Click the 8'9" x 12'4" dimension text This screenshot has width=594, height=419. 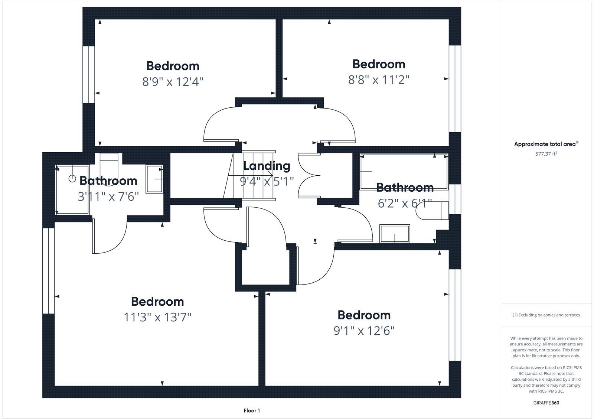click(x=173, y=81)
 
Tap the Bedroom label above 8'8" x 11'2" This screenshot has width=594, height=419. click(x=378, y=64)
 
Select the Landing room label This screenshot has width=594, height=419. click(x=267, y=166)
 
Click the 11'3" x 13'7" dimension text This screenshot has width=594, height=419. click(x=157, y=317)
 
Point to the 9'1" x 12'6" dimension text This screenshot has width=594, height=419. click(x=364, y=331)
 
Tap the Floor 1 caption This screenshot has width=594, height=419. click(x=252, y=410)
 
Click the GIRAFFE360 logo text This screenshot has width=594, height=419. click(x=546, y=403)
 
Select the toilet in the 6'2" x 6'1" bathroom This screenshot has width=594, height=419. click(x=433, y=211)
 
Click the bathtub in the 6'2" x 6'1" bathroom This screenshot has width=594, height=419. click(x=404, y=172)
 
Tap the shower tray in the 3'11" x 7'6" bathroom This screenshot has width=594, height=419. click(x=72, y=190)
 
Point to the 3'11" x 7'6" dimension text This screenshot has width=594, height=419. click(x=108, y=196)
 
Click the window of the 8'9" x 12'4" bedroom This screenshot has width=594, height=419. click(x=88, y=74)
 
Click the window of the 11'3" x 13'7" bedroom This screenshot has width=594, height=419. click(x=48, y=271)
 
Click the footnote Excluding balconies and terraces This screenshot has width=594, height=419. click(x=546, y=315)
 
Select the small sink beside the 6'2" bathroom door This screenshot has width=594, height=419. click(x=395, y=234)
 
